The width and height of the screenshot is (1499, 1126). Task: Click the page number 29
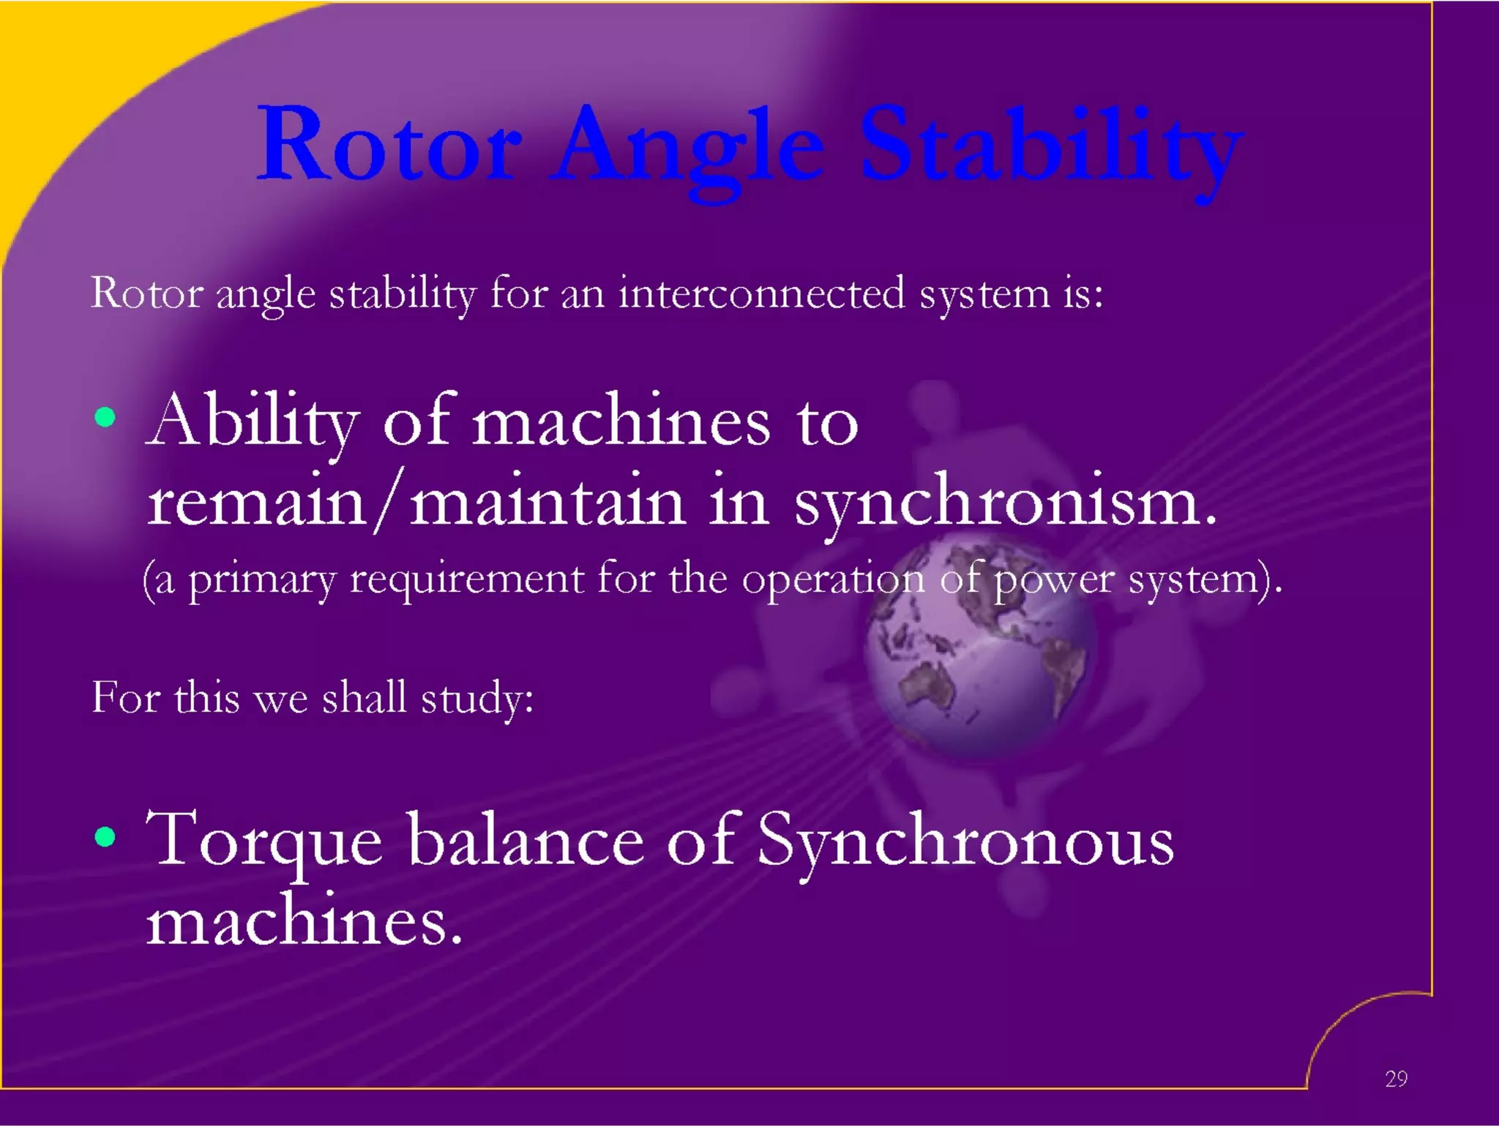click(x=1396, y=1078)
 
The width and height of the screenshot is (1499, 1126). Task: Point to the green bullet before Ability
click(x=105, y=418)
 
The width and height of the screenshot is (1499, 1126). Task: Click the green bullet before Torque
click(x=105, y=836)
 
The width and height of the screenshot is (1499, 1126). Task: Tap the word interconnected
click(x=761, y=293)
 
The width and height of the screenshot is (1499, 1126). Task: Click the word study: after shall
click(x=477, y=698)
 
